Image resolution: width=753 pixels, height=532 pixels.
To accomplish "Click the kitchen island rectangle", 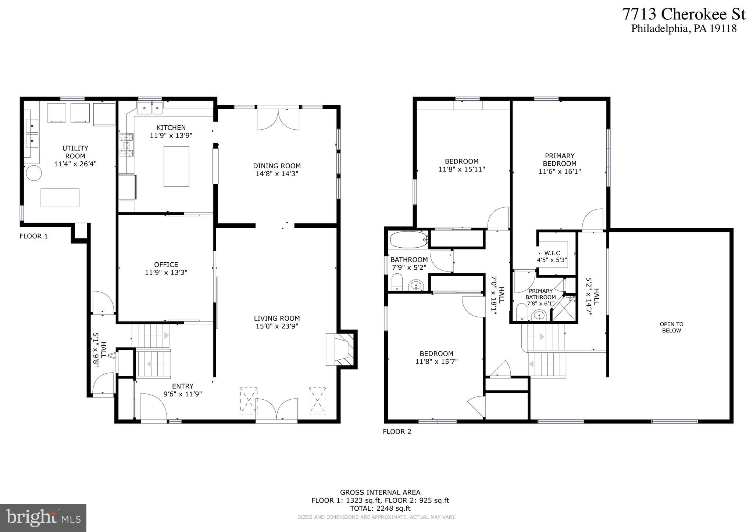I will click(176, 166).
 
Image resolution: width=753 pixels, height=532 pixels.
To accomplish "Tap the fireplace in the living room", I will click(341, 349).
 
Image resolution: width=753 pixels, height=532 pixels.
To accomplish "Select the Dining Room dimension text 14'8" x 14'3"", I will click(277, 174).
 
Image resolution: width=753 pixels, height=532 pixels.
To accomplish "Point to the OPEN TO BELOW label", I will click(671, 327).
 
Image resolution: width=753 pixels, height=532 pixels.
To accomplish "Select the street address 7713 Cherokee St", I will click(684, 15).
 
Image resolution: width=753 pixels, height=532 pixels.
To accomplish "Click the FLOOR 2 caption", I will click(397, 431).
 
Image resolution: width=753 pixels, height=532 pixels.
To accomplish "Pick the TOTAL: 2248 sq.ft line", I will click(380, 508).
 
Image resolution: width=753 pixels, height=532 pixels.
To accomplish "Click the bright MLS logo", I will click(43, 518).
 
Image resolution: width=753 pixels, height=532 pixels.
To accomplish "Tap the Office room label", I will click(166, 265).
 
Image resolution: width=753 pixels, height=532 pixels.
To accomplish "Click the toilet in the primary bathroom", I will click(521, 312).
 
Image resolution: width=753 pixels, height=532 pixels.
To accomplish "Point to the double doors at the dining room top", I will click(278, 119).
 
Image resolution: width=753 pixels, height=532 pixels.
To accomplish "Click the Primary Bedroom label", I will click(560, 159).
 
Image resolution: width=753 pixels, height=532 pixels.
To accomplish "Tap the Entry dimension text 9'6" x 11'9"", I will click(183, 394).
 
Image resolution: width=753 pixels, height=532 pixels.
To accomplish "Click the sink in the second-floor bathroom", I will click(416, 285).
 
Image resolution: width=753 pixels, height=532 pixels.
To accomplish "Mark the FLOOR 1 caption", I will click(33, 236).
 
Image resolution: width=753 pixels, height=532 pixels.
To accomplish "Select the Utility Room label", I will click(75, 152).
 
